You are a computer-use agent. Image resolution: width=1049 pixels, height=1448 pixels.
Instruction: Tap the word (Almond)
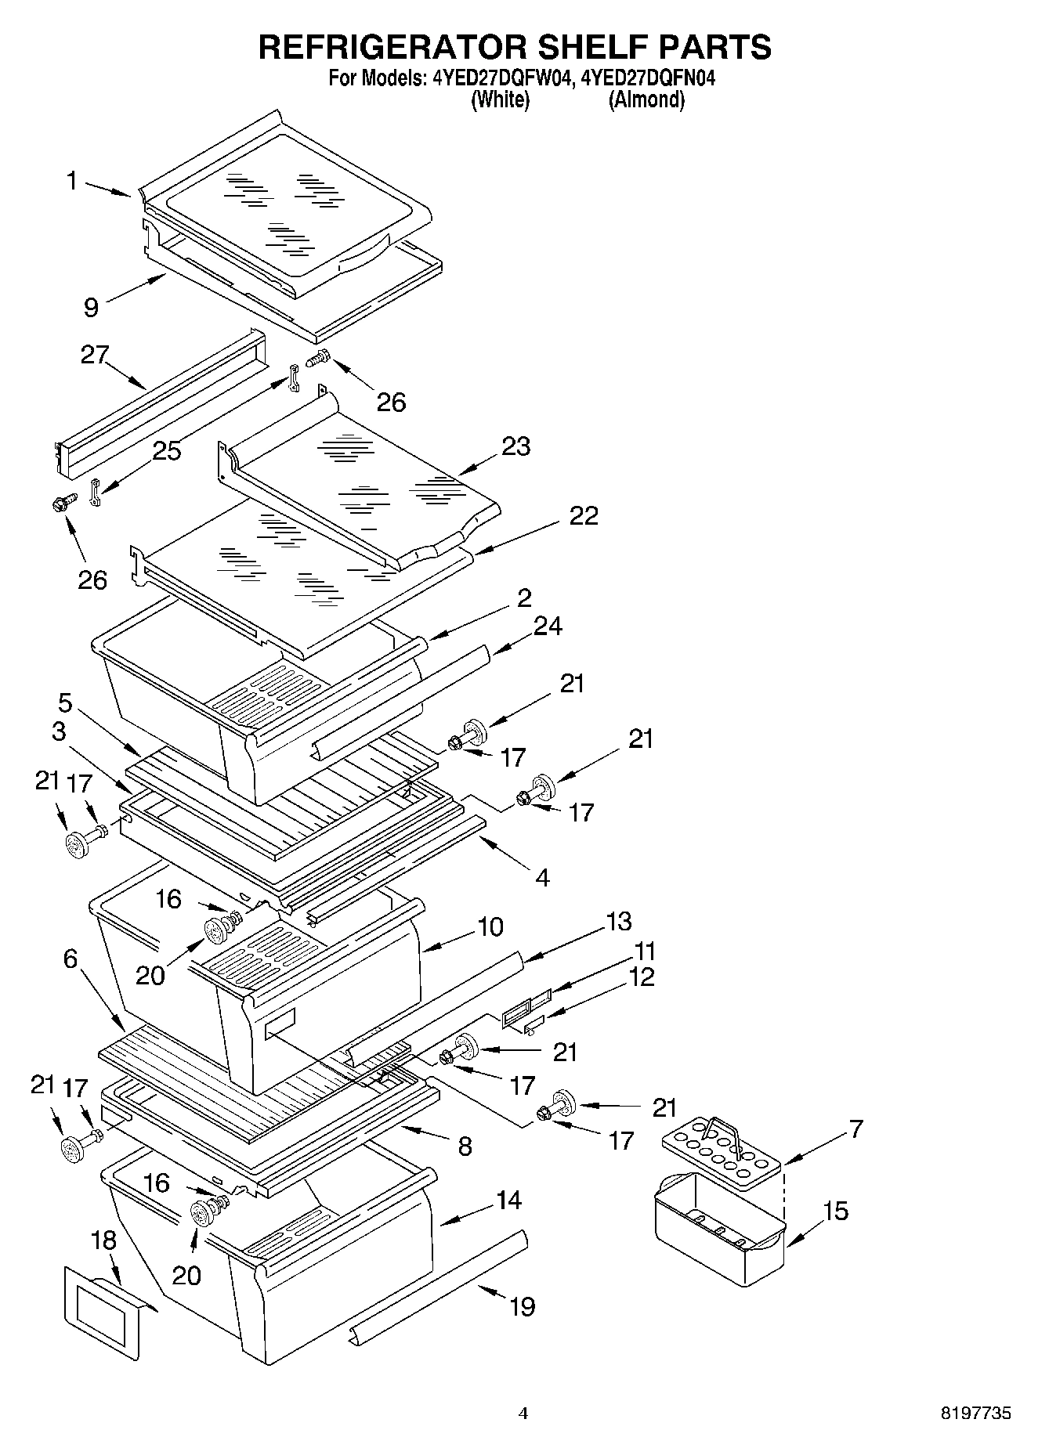coord(646,100)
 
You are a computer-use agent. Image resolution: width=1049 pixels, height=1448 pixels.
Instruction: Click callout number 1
coord(71,182)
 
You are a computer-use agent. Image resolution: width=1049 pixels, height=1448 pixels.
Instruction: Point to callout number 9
coord(91,307)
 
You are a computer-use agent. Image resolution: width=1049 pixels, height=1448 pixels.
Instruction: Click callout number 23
coord(516,446)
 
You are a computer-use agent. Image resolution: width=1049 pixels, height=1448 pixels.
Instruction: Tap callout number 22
coord(583,515)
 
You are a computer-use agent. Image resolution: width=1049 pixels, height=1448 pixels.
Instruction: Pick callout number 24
coord(548,627)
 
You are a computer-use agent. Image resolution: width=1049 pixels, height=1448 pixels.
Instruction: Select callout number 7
coord(855,1128)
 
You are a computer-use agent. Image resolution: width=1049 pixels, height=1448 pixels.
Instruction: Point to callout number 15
coord(835,1211)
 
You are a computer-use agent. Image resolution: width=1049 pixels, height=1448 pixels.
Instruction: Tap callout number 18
coord(103,1240)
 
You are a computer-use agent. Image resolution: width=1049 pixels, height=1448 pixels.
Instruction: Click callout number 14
coord(509,1200)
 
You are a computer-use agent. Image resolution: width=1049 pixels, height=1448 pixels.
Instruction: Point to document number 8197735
coord(975,1414)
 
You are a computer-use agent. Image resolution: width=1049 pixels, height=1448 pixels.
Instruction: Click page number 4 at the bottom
coord(523,1414)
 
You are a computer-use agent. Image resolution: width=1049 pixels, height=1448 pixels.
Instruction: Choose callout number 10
coord(490,926)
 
